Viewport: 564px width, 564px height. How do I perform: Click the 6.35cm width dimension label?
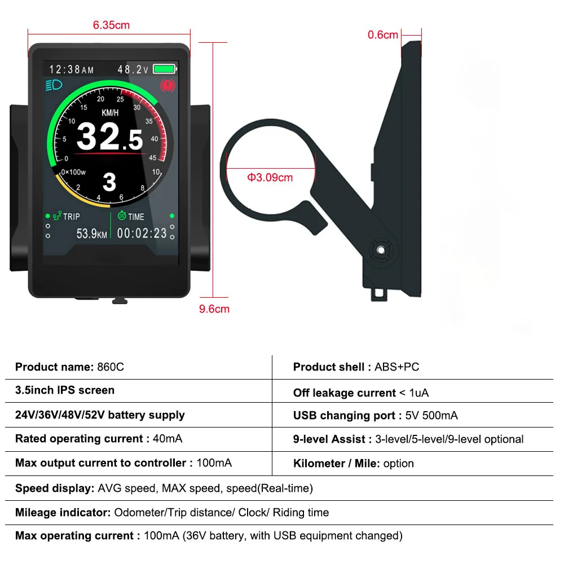(111, 25)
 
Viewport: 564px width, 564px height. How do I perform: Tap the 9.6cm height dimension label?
(214, 309)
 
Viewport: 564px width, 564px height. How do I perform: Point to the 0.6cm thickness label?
(383, 35)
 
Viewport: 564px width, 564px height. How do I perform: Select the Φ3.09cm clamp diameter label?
(270, 178)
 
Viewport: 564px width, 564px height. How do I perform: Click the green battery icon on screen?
(165, 69)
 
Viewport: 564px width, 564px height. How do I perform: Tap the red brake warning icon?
(168, 86)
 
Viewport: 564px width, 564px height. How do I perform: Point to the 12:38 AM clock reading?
(72, 70)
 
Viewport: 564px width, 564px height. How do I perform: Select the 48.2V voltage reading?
(133, 70)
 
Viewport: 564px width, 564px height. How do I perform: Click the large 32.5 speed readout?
(109, 137)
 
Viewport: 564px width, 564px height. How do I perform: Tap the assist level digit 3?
(109, 182)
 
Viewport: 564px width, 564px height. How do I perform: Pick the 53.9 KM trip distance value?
(91, 233)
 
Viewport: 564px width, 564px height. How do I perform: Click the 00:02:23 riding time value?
(142, 233)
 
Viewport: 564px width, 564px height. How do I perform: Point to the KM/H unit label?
(110, 113)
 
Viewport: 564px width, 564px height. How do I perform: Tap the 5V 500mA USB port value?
(431, 416)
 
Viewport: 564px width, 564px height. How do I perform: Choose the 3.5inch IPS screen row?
(65, 390)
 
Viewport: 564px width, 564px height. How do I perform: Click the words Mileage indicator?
(63, 513)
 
